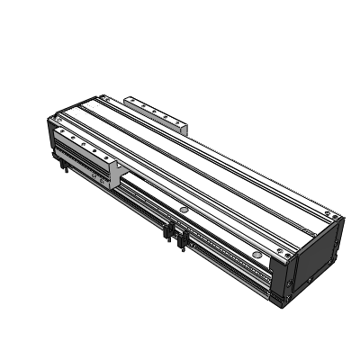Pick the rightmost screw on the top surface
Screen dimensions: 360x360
(x=335, y=218)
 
